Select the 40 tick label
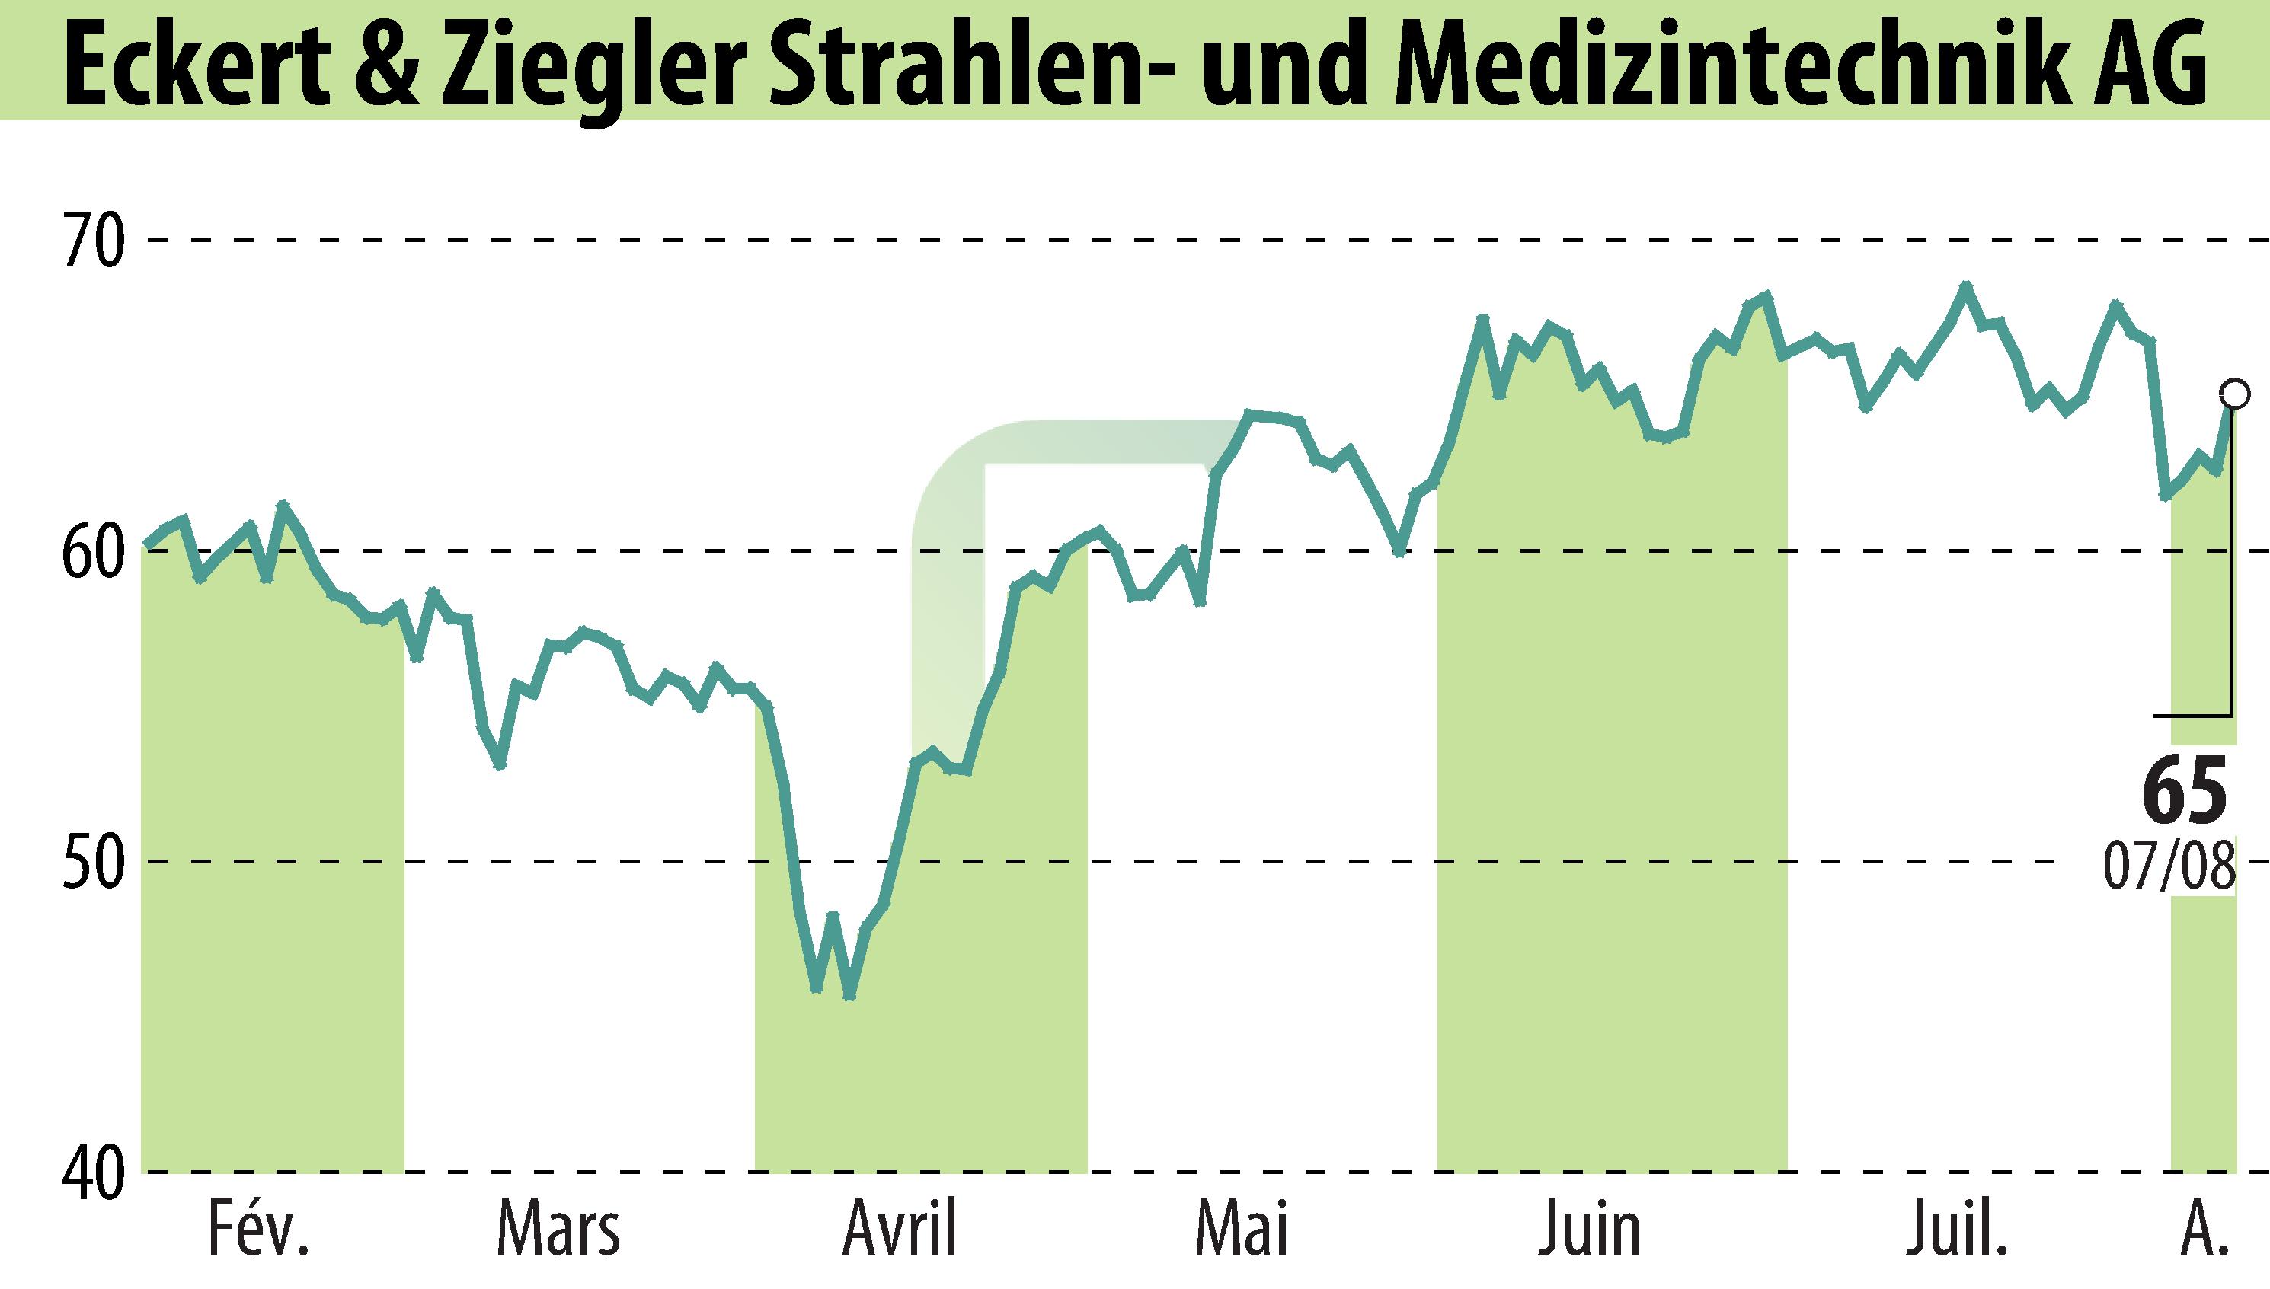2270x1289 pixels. (x=91, y=1173)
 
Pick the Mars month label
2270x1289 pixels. (x=558, y=1230)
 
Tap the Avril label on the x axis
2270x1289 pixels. (x=900, y=1230)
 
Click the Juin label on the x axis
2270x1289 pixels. (x=1589, y=1230)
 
